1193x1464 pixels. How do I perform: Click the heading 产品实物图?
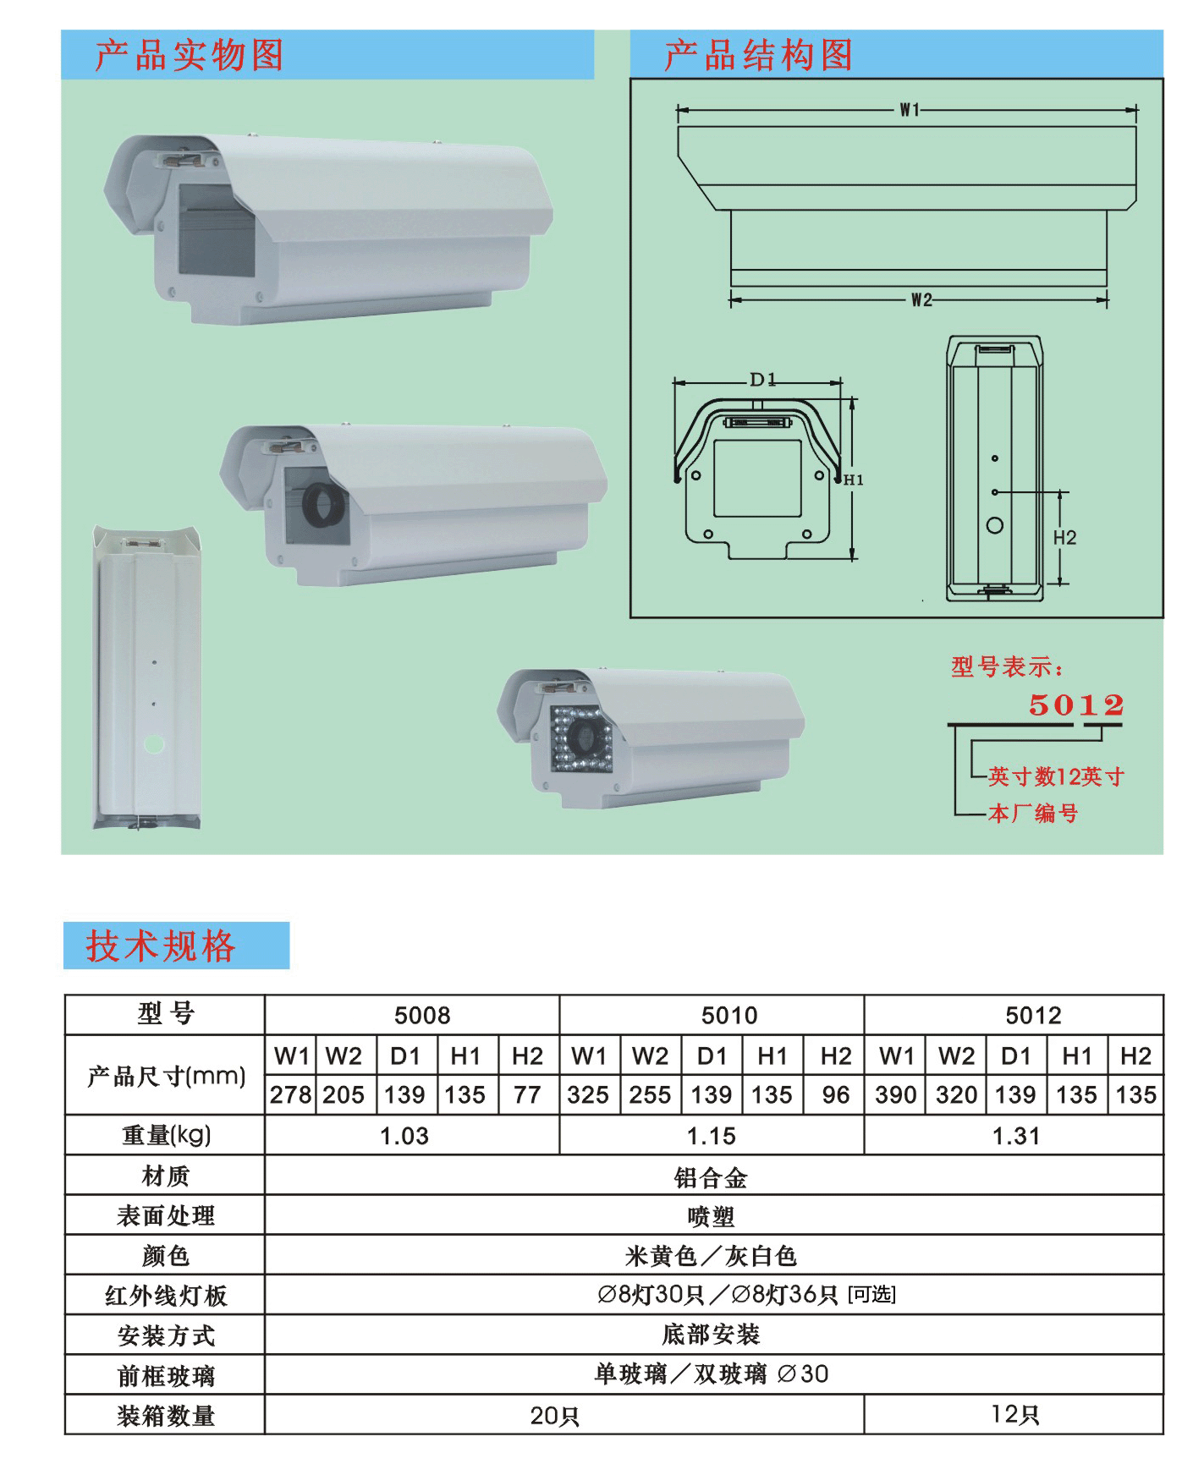click(x=189, y=55)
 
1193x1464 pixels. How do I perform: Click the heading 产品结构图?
click(x=758, y=55)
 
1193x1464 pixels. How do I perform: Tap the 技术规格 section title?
click(x=160, y=946)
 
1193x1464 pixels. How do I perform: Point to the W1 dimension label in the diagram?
click(x=909, y=110)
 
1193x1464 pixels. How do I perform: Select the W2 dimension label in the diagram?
click(x=921, y=300)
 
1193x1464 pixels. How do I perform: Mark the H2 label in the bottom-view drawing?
click(x=1064, y=538)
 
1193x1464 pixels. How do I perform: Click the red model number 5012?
click(x=1076, y=705)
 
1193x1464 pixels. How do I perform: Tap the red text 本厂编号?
click(x=1033, y=814)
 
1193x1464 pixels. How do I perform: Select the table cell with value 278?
click(x=291, y=1095)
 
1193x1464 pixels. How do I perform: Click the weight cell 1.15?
click(x=712, y=1136)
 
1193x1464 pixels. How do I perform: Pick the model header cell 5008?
click(x=422, y=1016)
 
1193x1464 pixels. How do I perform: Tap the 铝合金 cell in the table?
click(x=711, y=1177)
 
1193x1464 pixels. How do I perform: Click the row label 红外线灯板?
click(x=166, y=1296)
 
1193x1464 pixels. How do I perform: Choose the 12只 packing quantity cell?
click(x=1014, y=1415)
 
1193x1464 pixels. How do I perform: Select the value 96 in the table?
click(x=836, y=1095)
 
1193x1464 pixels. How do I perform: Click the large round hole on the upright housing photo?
click(x=154, y=744)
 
